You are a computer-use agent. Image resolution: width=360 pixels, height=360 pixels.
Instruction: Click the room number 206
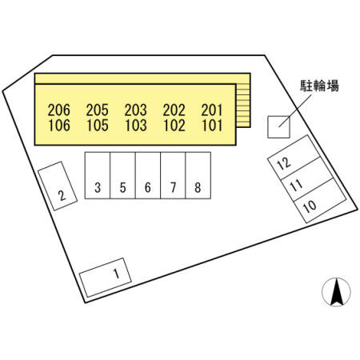59,110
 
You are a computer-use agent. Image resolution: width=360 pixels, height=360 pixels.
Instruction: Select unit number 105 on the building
98,126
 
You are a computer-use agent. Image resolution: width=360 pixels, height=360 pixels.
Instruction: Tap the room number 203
136,110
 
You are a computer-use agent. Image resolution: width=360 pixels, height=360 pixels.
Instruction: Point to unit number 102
174,126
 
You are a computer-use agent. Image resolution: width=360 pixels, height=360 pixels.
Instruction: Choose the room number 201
212,110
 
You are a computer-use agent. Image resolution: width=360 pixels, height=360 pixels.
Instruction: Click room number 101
212,126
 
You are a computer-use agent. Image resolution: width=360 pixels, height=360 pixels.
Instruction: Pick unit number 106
59,126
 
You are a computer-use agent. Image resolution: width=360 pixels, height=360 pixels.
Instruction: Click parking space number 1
106,278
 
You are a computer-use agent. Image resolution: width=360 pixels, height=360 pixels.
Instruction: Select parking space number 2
58,186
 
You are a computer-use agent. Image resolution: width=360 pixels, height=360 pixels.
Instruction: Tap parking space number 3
98,175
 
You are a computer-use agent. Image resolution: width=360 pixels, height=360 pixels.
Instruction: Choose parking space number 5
122,175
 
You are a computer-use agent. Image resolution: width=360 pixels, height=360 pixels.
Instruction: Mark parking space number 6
148,175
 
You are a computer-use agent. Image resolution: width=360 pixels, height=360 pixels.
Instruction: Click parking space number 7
173,175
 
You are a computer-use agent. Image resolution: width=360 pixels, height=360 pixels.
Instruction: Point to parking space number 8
198,175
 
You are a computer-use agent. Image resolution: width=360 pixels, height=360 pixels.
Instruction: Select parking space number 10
320,201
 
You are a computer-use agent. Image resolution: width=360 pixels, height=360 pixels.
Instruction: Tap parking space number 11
307,179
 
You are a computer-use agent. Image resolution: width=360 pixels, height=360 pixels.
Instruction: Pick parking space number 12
294,158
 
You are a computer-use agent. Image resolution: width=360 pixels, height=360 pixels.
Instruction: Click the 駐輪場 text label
319,86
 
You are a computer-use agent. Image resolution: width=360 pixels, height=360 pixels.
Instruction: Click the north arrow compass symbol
336,292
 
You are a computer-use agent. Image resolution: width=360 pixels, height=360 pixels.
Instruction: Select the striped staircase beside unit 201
243,106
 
